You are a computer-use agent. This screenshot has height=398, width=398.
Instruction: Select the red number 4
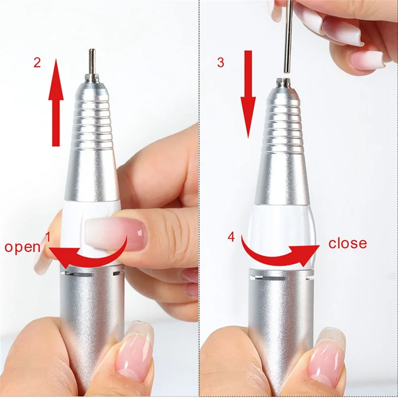click(231, 237)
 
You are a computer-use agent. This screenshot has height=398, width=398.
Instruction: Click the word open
click(22, 247)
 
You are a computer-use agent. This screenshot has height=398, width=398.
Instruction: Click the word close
click(347, 243)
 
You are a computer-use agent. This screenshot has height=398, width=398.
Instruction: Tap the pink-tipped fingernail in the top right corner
click(367, 60)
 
